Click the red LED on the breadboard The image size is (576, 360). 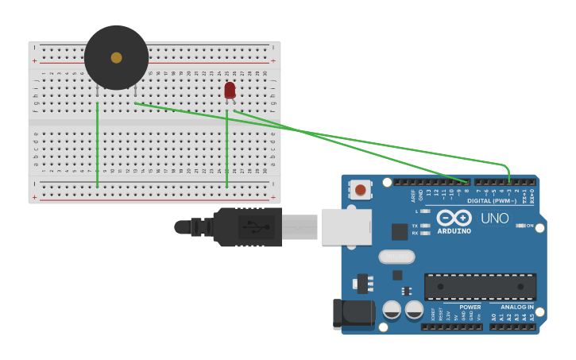pos(230,90)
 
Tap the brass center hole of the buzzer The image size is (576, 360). pos(116,57)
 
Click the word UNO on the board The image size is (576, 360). pos(495,218)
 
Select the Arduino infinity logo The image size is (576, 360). pos(454,218)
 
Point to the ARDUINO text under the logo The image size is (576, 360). pos(454,231)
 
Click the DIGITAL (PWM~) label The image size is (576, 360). pos(491,200)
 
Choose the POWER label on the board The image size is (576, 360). pos(470,307)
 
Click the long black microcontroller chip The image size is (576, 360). pos(480,286)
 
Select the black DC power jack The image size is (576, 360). pos(353,314)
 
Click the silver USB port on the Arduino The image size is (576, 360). pos(346,226)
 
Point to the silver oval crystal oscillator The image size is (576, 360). pos(396,257)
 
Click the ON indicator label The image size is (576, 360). pos(529,226)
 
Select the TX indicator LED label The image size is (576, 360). pos(415,226)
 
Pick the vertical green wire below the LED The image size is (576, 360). pos(227,151)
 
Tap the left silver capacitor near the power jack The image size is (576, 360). pos(392,310)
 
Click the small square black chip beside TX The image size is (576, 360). pos(400,231)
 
